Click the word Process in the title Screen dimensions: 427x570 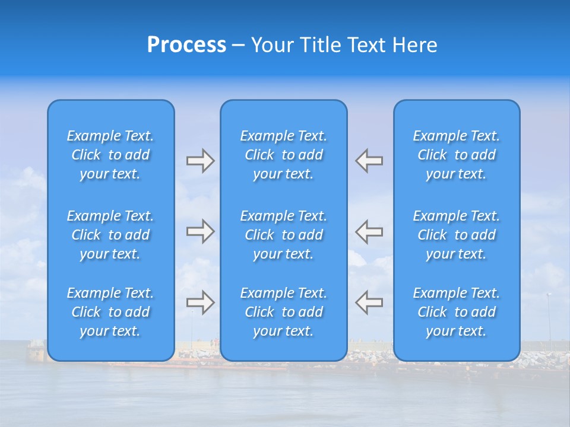coord(186,45)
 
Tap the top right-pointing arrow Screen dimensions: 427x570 coord(200,161)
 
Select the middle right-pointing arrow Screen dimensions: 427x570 coord(200,231)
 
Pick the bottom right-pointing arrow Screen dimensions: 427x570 coord(200,302)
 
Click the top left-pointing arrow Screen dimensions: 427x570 coord(369,161)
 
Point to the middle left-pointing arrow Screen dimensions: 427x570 coord(369,231)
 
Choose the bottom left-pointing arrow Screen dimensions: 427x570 coord(369,302)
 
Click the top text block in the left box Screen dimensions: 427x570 coord(110,155)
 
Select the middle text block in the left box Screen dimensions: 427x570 coord(110,235)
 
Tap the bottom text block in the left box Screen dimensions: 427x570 coord(110,312)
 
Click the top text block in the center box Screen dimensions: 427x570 coord(284,155)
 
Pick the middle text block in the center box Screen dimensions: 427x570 coord(284,235)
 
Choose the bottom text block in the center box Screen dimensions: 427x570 coord(284,312)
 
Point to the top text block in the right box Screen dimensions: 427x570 coord(457,155)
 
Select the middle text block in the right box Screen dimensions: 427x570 coord(457,235)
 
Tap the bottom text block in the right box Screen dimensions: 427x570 coord(457,312)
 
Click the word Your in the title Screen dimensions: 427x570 coord(271,45)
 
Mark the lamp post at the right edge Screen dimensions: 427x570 coord(549,320)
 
